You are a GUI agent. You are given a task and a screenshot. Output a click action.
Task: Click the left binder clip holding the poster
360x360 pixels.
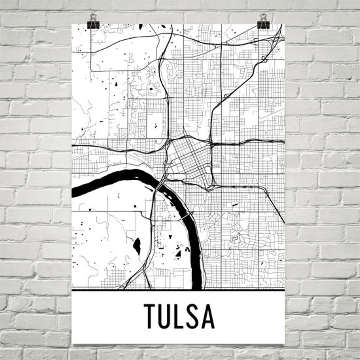93,22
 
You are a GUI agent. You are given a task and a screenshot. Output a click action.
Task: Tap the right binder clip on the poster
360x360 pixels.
263,21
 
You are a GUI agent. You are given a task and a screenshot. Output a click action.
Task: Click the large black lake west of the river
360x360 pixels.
137,246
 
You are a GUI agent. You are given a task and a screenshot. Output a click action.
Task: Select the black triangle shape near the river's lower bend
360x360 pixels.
178,253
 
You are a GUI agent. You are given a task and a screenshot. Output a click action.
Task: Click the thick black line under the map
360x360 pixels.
178,289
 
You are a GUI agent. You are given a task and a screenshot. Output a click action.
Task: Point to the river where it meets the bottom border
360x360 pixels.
197,286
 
